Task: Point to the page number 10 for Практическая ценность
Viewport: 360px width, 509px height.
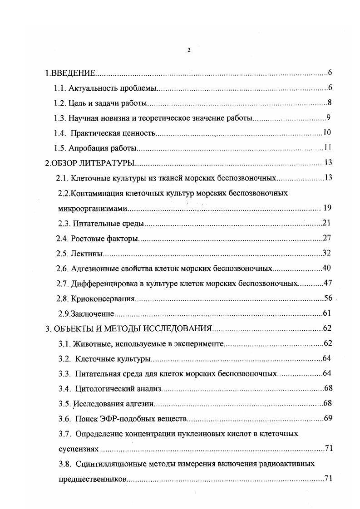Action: (327, 133)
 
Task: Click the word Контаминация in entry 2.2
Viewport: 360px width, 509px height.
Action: (96, 193)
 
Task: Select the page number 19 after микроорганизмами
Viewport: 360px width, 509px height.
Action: (328, 208)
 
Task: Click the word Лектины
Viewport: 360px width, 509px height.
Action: (87, 253)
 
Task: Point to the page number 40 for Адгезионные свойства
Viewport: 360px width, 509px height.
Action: (326, 268)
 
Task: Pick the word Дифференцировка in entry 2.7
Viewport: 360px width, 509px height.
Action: (102, 284)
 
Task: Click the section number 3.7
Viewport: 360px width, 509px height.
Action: (64, 434)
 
